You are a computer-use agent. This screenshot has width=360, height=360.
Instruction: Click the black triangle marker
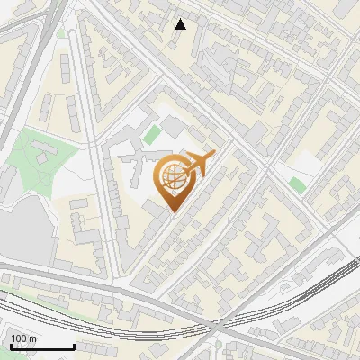coord(180,24)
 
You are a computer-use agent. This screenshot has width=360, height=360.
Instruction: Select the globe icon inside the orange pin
coord(172,177)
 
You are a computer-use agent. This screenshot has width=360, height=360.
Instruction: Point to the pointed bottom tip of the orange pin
coord(172,212)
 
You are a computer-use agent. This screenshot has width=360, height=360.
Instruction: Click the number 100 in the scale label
coord(17,338)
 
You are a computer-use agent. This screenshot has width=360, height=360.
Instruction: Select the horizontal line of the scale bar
coord(41,347)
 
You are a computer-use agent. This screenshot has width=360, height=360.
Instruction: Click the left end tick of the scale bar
coord(10,346)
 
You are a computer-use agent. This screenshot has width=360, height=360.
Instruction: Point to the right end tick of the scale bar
coord(74,346)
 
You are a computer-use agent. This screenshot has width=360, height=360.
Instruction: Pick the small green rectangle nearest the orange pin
coord(152,135)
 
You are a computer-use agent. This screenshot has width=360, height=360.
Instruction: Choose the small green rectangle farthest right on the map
coord(297,185)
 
